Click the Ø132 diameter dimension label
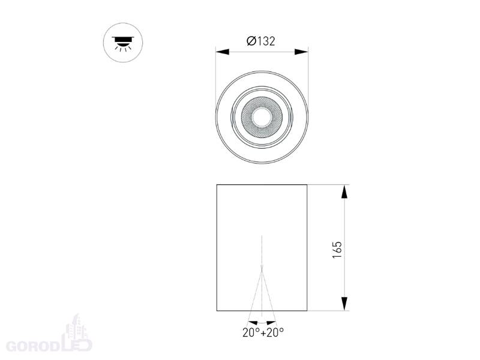click(x=261, y=41)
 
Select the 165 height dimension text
click(x=337, y=250)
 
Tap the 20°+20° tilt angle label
click(x=263, y=332)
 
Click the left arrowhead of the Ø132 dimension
click(x=223, y=52)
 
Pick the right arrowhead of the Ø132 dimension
click(x=301, y=52)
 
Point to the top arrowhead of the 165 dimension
click(x=344, y=191)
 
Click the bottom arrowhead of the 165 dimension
click(x=344, y=304)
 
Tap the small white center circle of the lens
click(x=262, y=117)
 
